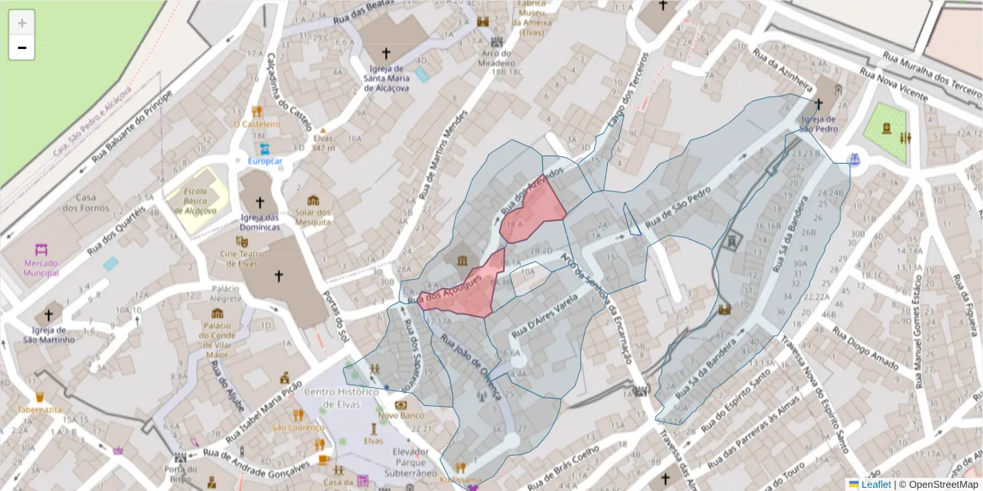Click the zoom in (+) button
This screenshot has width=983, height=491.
pyautogui.click(x=22, y=23)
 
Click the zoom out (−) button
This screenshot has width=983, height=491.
pyautogui.click(x=22, y=48)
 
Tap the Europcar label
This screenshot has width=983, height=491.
pyautogui.click(x=265, y=161)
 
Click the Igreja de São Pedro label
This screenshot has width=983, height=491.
pyautogui.click(x=818, y=124)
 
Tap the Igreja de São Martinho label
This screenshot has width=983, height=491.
pyautogui.click(x=48, y=335)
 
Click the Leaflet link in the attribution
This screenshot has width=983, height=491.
pyautogui.click(x=876, y=484)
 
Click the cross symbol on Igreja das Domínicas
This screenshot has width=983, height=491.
pyautogui.click(x=260, y=201)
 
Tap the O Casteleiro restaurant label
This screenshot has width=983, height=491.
pyautogui.click(x=256, y=124)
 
